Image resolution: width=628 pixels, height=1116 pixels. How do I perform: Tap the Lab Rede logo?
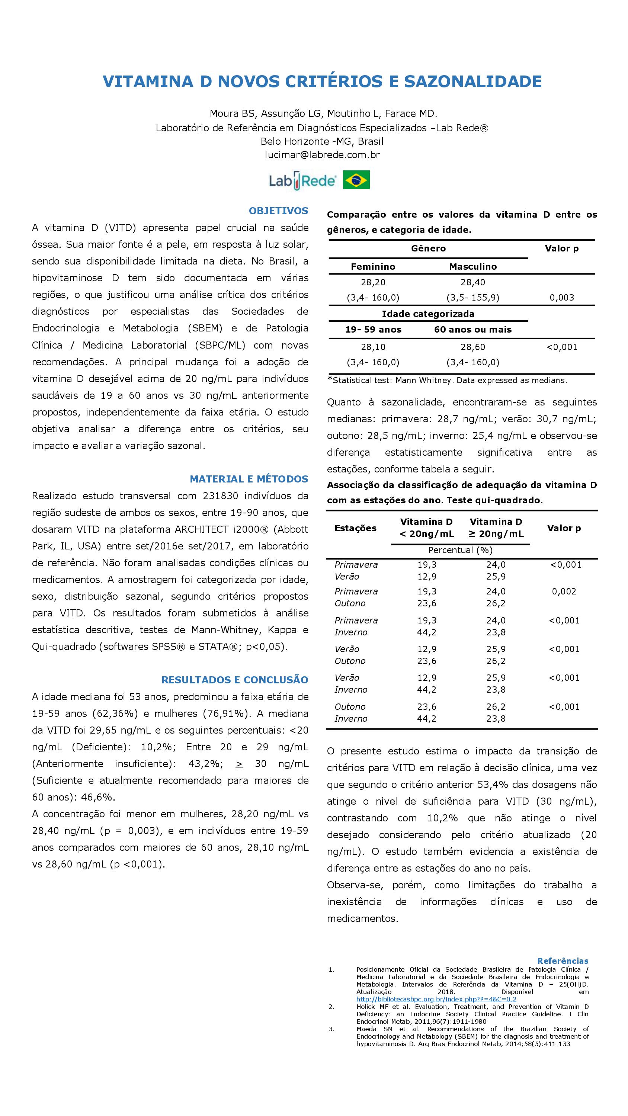pyautogui.click(x=302, y=180)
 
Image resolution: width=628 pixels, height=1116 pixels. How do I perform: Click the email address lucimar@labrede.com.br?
pyautogui.click(x=322, y=155)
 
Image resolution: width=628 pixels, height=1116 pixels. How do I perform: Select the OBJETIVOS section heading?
pyautogui.click(x=278, y=211)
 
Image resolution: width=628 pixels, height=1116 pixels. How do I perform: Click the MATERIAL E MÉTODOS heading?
pyautogui.click(x=249, y=479)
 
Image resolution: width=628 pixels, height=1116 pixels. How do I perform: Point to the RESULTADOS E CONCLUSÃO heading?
pyautogui.click(x=234, y=680)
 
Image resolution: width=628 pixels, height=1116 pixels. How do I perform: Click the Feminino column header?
pyautogui.click(x=373, y=267)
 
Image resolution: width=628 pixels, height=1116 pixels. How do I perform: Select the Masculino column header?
pyautogui.click(x=472, y=267)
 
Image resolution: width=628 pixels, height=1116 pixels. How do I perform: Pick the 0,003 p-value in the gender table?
pyautogui.click(x=562, y=298)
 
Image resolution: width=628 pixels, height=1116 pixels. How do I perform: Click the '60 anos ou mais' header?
pyautogui.click(x=472, y=330)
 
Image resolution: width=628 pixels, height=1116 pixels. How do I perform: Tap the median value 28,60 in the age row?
pyautogui.click(x=472, y=347)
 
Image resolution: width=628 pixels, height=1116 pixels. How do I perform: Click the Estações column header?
pyautogui.click(x=355, y=528)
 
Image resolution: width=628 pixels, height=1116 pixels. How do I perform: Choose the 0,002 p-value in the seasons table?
pyautogui.click(x=564, y=591)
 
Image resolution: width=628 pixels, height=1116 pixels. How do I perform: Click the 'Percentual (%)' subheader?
pyautogui.click(x=460, y=550)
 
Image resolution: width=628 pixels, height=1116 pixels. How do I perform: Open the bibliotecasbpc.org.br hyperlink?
pyautogui.click(x=436, y=999)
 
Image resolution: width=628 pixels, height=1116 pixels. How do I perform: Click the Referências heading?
pyautogui.click(x=563, y=961)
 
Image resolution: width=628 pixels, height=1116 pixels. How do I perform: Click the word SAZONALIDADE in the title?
pyautogui.click(x=473, y=81)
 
